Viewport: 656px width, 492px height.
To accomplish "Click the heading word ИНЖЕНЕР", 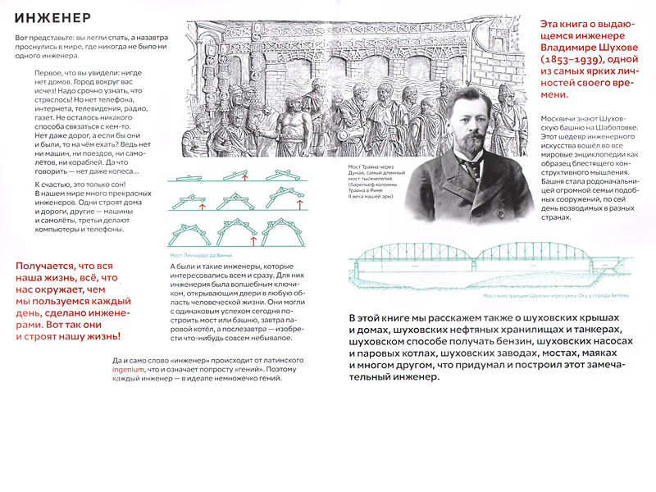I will [52, 18].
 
